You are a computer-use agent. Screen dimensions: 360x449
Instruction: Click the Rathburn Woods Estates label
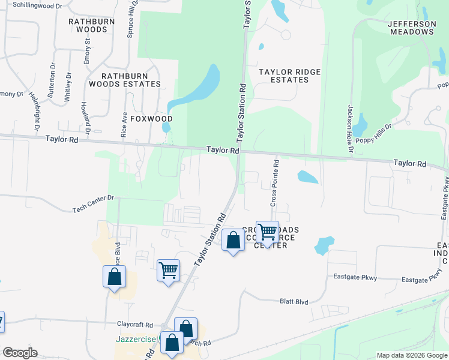[130, 80]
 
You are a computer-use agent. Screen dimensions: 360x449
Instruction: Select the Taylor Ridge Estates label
[289, 76]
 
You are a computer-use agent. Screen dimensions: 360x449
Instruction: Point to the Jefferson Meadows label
[412, 28]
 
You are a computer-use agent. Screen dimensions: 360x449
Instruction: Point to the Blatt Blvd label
[294, 302]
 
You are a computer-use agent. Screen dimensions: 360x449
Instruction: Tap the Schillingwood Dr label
[37, 5]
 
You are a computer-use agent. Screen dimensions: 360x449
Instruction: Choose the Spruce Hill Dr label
[130, 19]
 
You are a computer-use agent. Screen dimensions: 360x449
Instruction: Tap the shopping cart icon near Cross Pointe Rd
[267, 232]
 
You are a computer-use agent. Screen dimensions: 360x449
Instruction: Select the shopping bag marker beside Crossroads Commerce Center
[233, 241]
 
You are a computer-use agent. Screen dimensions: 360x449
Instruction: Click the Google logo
[20, 353]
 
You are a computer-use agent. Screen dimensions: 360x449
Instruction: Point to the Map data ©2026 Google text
[411, 355]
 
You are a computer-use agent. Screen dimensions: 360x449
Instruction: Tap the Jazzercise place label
[136, 339]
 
